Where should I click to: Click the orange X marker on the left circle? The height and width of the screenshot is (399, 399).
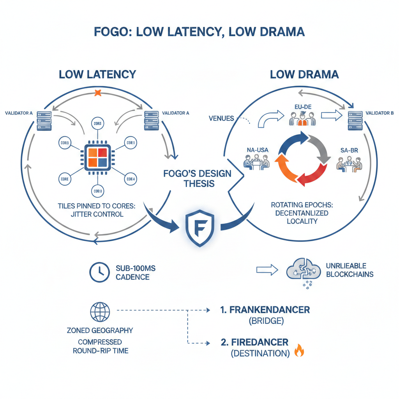coord(98,93)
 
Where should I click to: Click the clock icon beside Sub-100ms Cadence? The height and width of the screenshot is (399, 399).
coord(99,272)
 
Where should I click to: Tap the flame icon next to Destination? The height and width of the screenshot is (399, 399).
coord(299,351)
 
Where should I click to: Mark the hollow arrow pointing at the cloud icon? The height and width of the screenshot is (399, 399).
coord(267,269)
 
